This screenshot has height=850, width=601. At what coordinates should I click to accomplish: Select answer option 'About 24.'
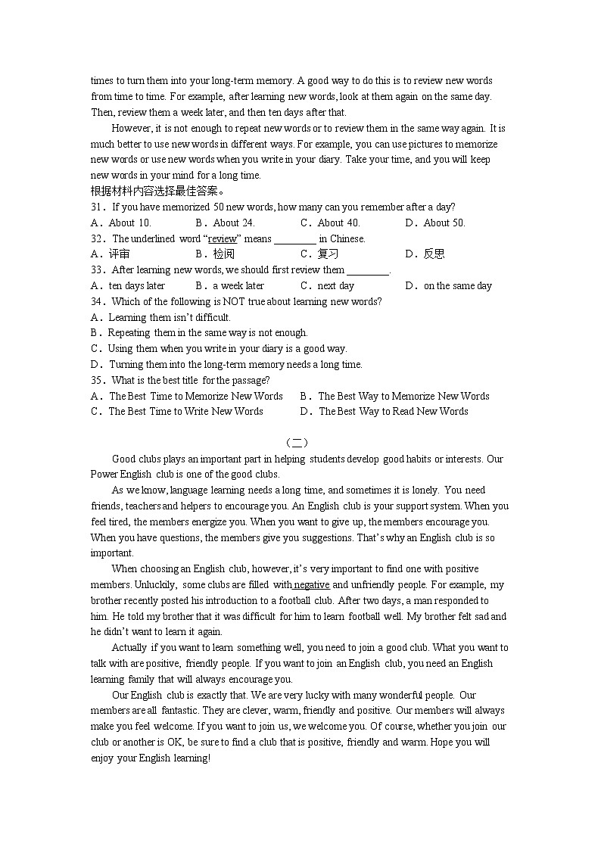[233, 223]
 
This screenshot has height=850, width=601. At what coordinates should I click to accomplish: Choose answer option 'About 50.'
[444, 223]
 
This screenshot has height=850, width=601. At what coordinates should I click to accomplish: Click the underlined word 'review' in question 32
[222, 238]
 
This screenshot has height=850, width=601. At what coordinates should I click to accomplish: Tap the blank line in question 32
[294, 240]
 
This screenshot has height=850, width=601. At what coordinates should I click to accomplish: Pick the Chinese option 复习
[328, 254]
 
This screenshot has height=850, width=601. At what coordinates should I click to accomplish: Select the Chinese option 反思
[434, 254]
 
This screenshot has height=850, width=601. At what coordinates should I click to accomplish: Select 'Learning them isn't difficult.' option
[169, 317]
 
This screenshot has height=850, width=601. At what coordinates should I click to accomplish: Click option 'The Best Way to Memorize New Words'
[403, 396]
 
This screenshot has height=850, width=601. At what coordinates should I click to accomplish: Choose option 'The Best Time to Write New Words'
[185, 412]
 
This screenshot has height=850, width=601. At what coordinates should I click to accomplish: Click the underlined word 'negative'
[312, 584]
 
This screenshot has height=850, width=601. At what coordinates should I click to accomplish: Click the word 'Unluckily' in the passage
[156, 584]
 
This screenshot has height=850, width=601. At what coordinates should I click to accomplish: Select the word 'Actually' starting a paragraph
[129, 648]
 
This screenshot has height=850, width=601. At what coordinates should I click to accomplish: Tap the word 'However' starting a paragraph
[131, 128]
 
